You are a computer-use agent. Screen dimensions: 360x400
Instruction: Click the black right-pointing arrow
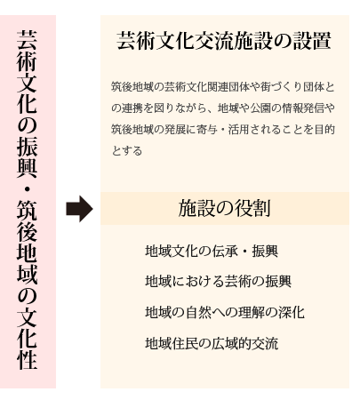pyautogui.click(x=79, y=209)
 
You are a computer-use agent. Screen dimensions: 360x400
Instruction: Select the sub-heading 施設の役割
pyautogui.click(x=224, y=208)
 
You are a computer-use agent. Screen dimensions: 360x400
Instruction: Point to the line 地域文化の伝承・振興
pyautogui.click(x=212, y=252)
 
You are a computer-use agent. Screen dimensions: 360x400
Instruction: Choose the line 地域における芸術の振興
pyautogui.click(x=219, y=281)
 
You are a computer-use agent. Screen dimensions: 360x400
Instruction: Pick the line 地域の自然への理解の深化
pyautogui.click(x=225, y=312)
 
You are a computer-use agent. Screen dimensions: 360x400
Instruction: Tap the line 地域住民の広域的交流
pyautogui.click(x=212, y=343)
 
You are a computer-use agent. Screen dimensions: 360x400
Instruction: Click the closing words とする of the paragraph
pyautogui.click(x=127, y=151)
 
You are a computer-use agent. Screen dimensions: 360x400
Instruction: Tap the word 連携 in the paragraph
pyautogui.click(x=132, y=108)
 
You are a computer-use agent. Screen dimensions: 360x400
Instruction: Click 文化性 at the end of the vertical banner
pyautogui.click(x=27, y=338)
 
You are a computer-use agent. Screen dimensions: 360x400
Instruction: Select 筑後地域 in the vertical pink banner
pyautogui.click(x=27, y=242)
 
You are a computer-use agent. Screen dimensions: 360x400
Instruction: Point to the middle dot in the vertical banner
pyautogui.click(x=27, y=188)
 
